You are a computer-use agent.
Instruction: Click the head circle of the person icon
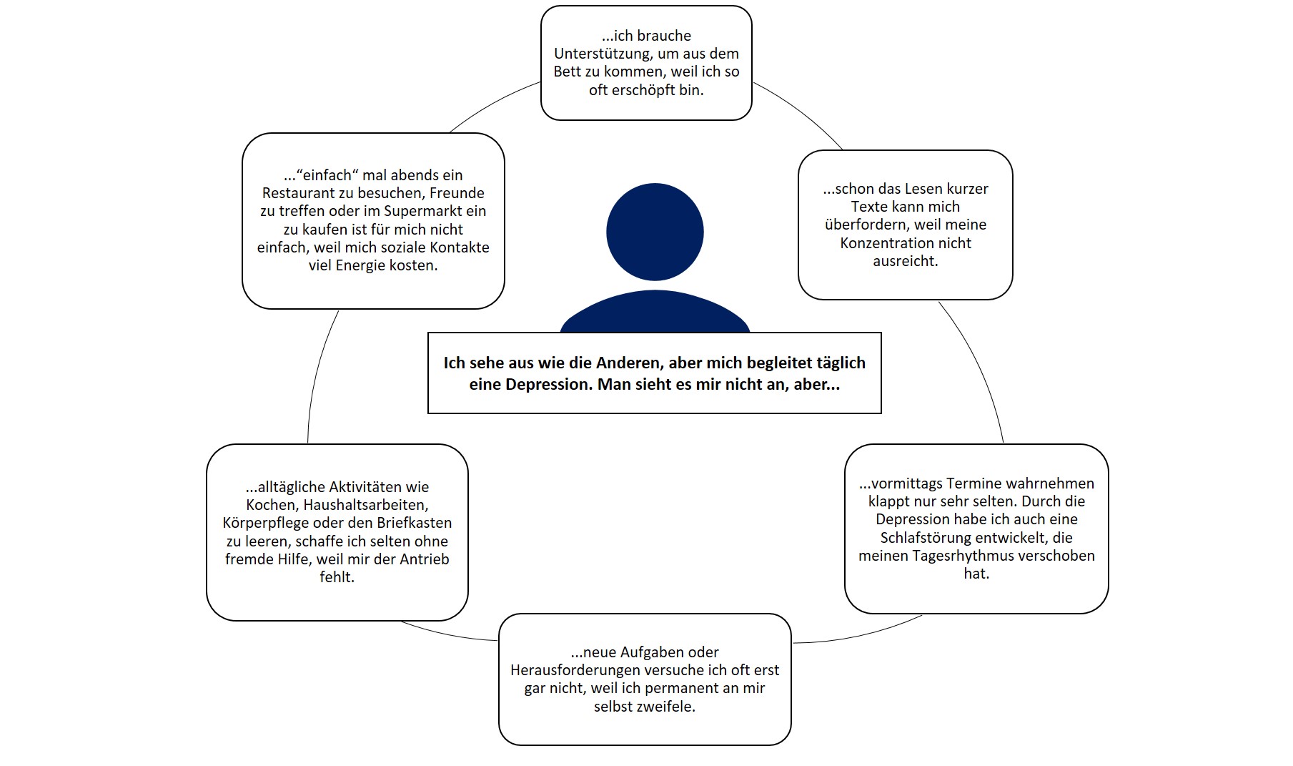pos(655,232)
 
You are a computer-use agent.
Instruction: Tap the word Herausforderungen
pos(575,671)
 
